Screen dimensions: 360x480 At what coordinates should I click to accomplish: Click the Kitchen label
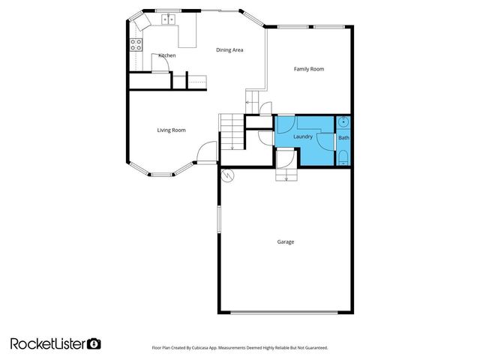[x=167, y=55]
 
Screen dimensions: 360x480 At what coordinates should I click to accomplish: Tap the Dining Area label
[x=229, y=50]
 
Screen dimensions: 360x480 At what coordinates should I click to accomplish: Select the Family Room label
[x=308, y=69]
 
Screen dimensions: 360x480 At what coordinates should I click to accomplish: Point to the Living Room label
[x=171, y=130]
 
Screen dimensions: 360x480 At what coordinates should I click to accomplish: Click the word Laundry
[x=303, y=136]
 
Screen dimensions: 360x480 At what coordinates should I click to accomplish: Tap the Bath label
[x=343, y=138]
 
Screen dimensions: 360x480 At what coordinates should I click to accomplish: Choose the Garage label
[x=285, y=241]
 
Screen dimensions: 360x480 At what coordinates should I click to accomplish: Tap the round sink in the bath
[x=343, y=121]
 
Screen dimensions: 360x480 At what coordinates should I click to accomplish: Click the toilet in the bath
[x=343, y=156]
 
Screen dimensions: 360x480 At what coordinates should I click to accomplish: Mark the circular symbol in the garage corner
[x=228, y=177]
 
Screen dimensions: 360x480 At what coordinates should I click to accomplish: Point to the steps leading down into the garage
[x=287, y=175]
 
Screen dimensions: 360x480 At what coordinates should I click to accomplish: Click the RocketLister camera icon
[x=94, y=343]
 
